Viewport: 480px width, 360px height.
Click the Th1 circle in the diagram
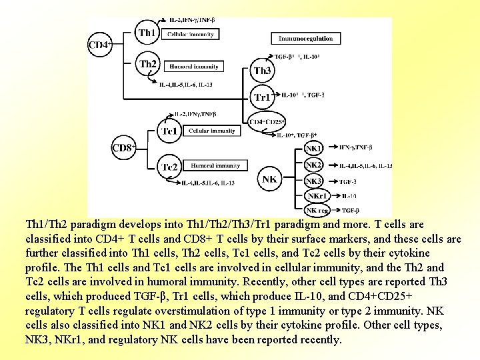tap(147, 32)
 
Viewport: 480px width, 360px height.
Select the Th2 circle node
tap(148, 65)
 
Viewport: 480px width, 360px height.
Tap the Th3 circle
tap(262, 70)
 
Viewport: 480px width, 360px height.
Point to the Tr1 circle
tap(263, 97)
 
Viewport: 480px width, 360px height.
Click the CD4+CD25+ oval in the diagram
tap(267, 121)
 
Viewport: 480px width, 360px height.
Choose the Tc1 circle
tap(169, 131)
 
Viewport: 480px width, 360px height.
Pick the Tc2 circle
tap(169, 166)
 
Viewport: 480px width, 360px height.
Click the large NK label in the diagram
tap(269, 179)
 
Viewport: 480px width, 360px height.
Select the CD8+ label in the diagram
tap(123, 147)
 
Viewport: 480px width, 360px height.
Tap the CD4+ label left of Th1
tap(100, 45)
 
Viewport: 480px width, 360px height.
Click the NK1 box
tap(313, 148)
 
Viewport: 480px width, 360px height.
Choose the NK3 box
tap(313, 181)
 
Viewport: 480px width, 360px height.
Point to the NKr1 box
tap(316, 196)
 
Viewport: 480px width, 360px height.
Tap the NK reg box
tap(317, 211)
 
